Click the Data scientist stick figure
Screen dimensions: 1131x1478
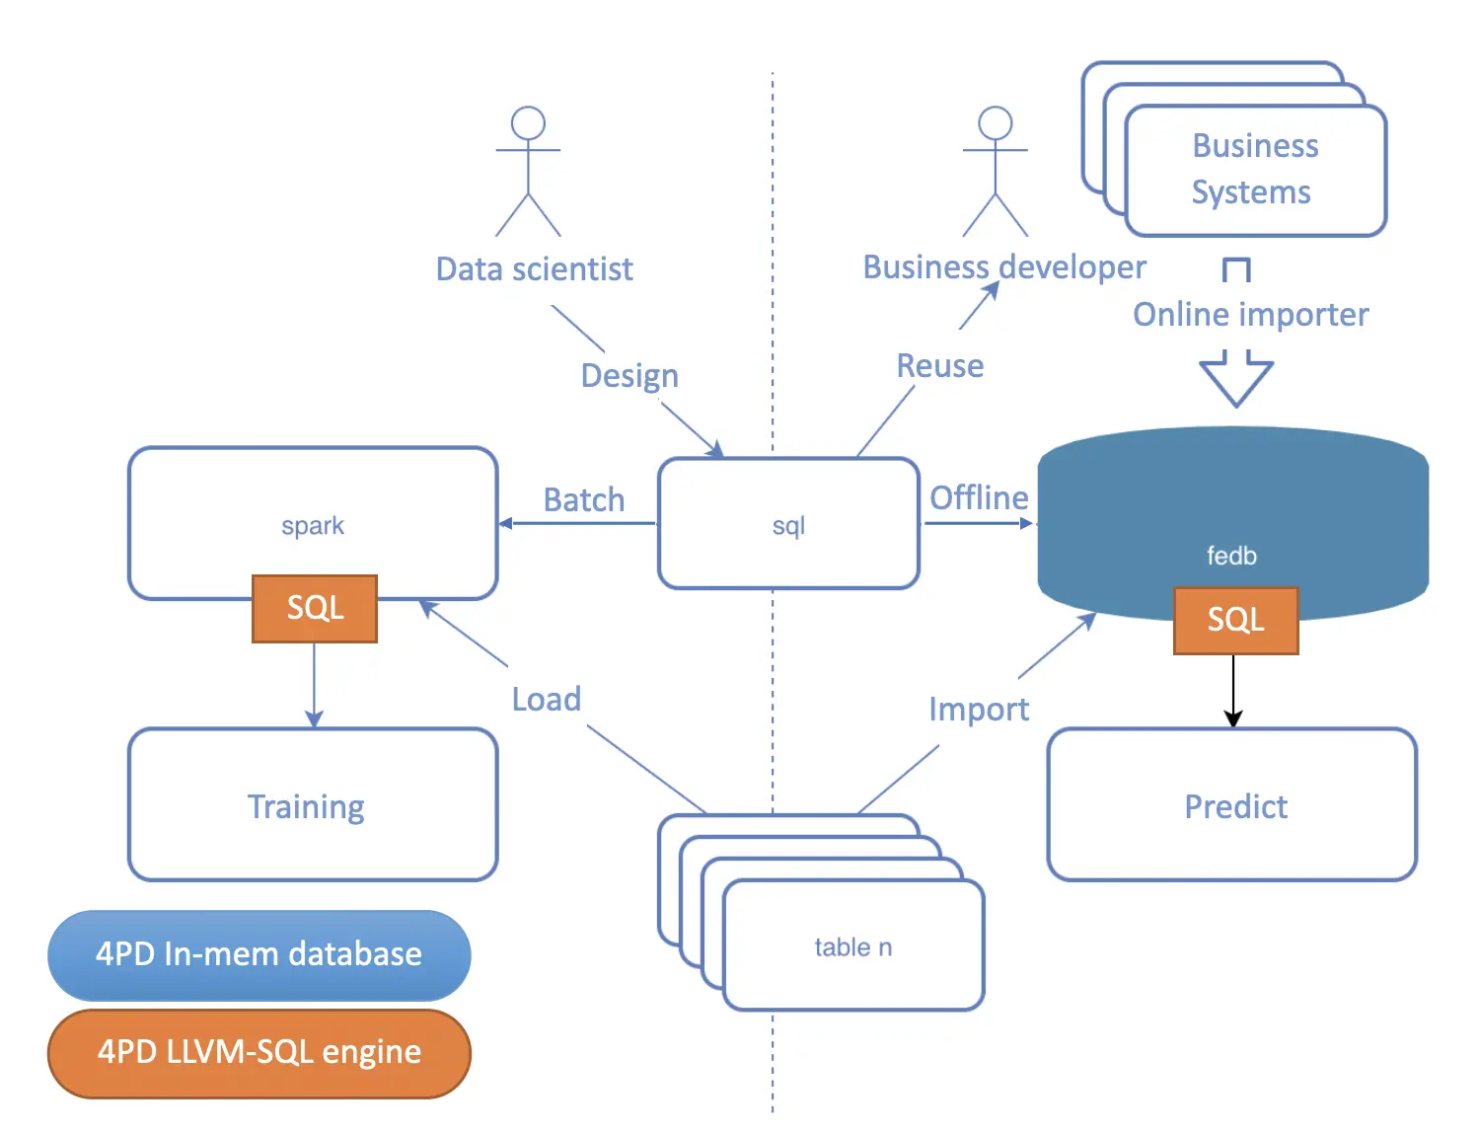[528, 172]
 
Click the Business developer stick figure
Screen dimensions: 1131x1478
[995, 172]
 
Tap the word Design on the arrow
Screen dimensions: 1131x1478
[629, 376]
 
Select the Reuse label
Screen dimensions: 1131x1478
[939, 366]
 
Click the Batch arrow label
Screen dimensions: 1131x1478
[584, 499]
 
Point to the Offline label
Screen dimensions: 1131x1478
[979, 497]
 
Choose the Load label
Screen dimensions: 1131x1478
[546, 699]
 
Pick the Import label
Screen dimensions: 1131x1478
[978, 709]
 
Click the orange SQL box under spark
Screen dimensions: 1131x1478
[315, 608]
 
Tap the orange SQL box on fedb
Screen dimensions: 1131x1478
[1235, 620]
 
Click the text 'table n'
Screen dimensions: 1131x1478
[852, 947]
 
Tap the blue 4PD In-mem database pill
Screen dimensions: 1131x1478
[259, 954]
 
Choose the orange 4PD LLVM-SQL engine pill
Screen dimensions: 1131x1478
[259, 1052]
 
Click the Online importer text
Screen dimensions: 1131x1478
[1250, 315]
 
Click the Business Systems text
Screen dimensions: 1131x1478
[1253, 169]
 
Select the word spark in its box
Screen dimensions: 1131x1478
[313, 525]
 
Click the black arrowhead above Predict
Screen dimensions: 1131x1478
[1233, 718]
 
